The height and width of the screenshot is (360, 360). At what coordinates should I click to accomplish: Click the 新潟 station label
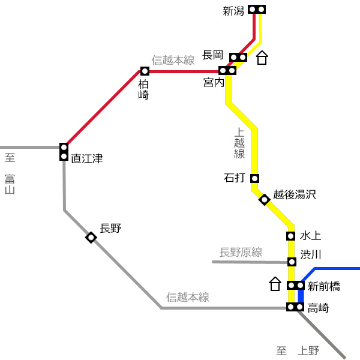(233, 11)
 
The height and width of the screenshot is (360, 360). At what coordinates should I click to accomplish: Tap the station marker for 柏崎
(145, 71)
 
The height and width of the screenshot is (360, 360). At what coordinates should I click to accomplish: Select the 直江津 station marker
(64, 152)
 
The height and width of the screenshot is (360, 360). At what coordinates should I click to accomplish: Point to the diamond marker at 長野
(91, 238)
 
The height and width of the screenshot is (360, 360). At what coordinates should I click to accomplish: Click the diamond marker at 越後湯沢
(264, 200)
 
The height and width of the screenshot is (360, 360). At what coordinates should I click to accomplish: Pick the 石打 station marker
(254, 178)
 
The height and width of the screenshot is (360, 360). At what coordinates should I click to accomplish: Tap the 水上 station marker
(290, 236)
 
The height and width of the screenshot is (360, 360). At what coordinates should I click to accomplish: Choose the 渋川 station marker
(292, 262)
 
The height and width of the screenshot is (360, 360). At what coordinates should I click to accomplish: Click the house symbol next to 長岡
(262, 58)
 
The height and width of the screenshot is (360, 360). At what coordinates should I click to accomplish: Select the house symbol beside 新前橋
(275, 284)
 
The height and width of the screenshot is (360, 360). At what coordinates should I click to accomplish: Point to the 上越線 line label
(239, 143)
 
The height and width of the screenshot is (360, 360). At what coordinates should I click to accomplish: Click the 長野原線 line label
(241, 253)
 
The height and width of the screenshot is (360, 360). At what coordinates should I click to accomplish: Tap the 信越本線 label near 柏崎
(173, 60)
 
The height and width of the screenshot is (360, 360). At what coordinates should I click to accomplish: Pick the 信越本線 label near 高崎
(188, 297)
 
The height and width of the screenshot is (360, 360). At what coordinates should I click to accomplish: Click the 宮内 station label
(214, 82)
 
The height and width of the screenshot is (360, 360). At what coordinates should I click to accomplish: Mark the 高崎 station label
(318, 308)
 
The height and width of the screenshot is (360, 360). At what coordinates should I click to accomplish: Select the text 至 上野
(298, 350)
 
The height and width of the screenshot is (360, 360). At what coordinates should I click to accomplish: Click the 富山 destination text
(10, 184)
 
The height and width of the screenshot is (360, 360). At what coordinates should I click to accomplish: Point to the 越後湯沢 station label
(295, 194)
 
